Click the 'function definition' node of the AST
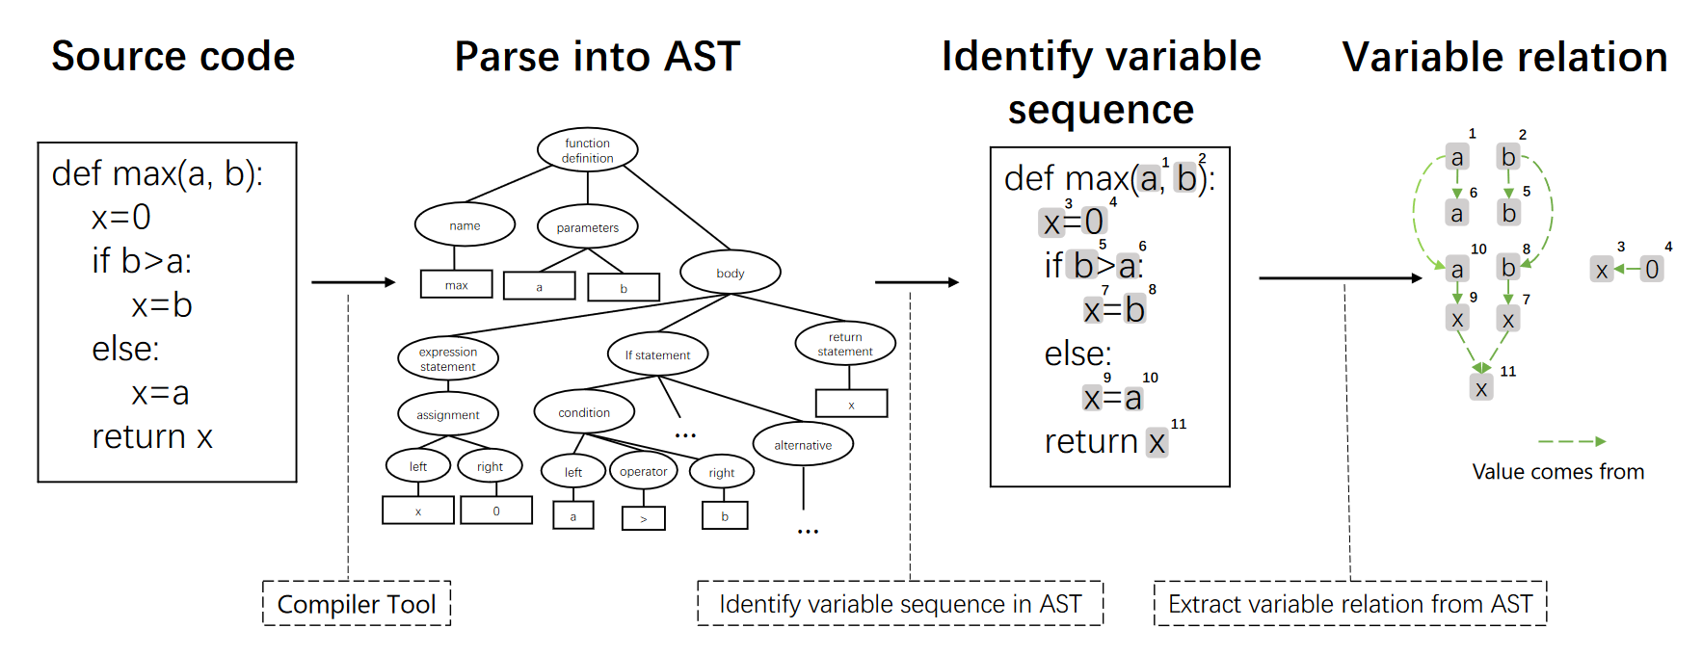pos(587,150)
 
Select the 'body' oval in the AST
pos(730,273)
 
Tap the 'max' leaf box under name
pos(456,285)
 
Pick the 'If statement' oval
pos(657,354)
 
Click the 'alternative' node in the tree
pos(803,445)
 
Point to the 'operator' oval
pos(643,471)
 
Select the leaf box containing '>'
pos(643,518)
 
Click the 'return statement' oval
pos(845,344)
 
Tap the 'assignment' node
pos(447,414)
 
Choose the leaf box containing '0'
pos(495,511)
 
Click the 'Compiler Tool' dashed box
pos(357,604)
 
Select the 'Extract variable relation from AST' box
pos(1349,604)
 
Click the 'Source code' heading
pos(173,56)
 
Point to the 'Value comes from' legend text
pos(1557,472)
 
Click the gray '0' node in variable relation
pos(1652,269)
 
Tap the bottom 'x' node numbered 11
pos(1481,388)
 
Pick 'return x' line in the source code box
pos(152,437)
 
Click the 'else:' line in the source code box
pos(125,349)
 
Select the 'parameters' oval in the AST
pos(587,227)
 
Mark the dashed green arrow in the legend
pos(1571,441)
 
